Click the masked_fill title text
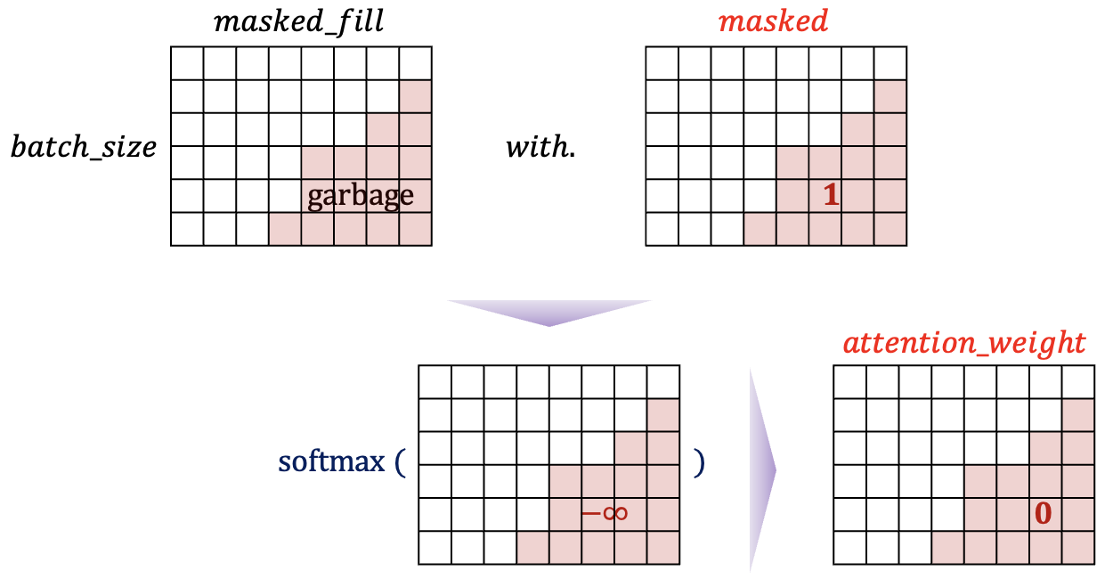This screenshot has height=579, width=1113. pos(299,20)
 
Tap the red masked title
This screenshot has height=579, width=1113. pos(773,20)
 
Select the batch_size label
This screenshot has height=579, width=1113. pos(84,147)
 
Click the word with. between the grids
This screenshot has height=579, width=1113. pos(540,147)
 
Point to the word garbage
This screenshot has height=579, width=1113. pos(361,195)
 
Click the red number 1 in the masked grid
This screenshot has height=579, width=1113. pos(831,196)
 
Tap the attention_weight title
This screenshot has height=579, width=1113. pos(965,342)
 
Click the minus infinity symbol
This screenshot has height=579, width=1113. pos(605,513)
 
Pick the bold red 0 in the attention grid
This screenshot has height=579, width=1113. pos(1044,513)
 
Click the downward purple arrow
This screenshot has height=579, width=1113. pos(549,312)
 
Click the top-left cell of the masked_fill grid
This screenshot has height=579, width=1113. pos(187,63)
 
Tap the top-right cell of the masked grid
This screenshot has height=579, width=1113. pos(890,63)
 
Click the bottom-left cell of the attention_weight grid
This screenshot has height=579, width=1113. pos(850,548)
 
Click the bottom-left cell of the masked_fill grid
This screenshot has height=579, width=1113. pos(187,229)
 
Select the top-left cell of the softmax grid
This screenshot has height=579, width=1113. pos(435,383)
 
